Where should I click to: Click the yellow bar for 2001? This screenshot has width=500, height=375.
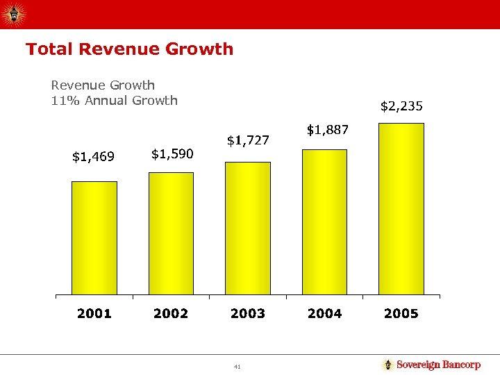click(x=94, y=238)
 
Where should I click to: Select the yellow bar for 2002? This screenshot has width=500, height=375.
click(x=171, y=233)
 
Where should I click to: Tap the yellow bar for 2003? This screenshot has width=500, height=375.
click(x=248, y=228)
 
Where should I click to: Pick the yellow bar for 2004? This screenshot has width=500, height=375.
click(x=324, y=222)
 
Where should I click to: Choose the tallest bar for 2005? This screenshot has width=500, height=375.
click(x=401, y=209)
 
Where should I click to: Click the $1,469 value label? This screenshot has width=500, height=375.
click(x=94, y=157)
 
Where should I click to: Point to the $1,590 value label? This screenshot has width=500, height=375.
click(x=172, y=153)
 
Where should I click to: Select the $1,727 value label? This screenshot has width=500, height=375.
click(x=248, y=140)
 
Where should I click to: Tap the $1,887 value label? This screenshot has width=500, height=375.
click(x=328, y=130)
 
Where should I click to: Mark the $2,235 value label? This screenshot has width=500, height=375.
click(x=401, y=106)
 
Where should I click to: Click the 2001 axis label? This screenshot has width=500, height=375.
click(x=94, y=313)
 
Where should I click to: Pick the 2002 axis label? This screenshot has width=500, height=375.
click(x=171, y=313)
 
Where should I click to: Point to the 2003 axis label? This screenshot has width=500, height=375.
click(x=248, y=313)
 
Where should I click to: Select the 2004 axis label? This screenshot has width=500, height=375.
click(x=324, y=313)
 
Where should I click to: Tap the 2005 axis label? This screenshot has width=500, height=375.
click(x=401, y=313)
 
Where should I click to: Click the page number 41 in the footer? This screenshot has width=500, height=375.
click(x=237, y=366)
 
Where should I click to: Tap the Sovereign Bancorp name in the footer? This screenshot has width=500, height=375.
click(x=438, y=365)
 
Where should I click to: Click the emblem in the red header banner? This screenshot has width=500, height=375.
click(x=14, y=13)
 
